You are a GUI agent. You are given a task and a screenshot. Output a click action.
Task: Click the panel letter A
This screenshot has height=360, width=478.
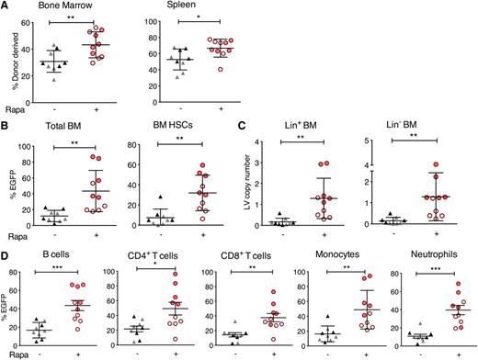click(6, 6)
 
